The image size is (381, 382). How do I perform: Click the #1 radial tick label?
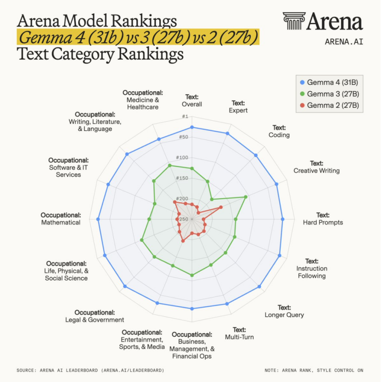pyautogui.click(x=185, y=117)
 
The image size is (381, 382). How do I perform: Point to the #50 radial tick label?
pyautogui.click(x=184, y=137)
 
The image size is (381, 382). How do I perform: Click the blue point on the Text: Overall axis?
pyautogui.click(x=192, y=127)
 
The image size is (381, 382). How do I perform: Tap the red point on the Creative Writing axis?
pyautogui.click(x=221, y=207)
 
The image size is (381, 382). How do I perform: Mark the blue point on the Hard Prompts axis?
pyautogui.click(x=282, y=219)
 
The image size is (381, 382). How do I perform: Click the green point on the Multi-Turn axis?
pyautogui.click(x=211, y=265)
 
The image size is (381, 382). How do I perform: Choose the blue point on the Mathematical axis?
pyautogui.click(x=98, y=219)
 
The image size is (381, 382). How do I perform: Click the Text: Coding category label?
pyautogui.click(x=279, y=131)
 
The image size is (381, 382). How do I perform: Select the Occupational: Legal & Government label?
pyautogui.click(x=95, y=316)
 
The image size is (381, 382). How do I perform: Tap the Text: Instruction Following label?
pyautogui.click(x=312, y=269)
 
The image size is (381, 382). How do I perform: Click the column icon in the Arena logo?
pyautogui.click(x=293, y=21)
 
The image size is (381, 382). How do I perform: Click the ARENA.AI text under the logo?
pyautogui.click(x=343, y=42)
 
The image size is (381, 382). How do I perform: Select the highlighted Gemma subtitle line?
pyautogui.click(x=138, y=37)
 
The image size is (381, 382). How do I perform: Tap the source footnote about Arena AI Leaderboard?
pyautogui.click(x=90, y=370)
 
